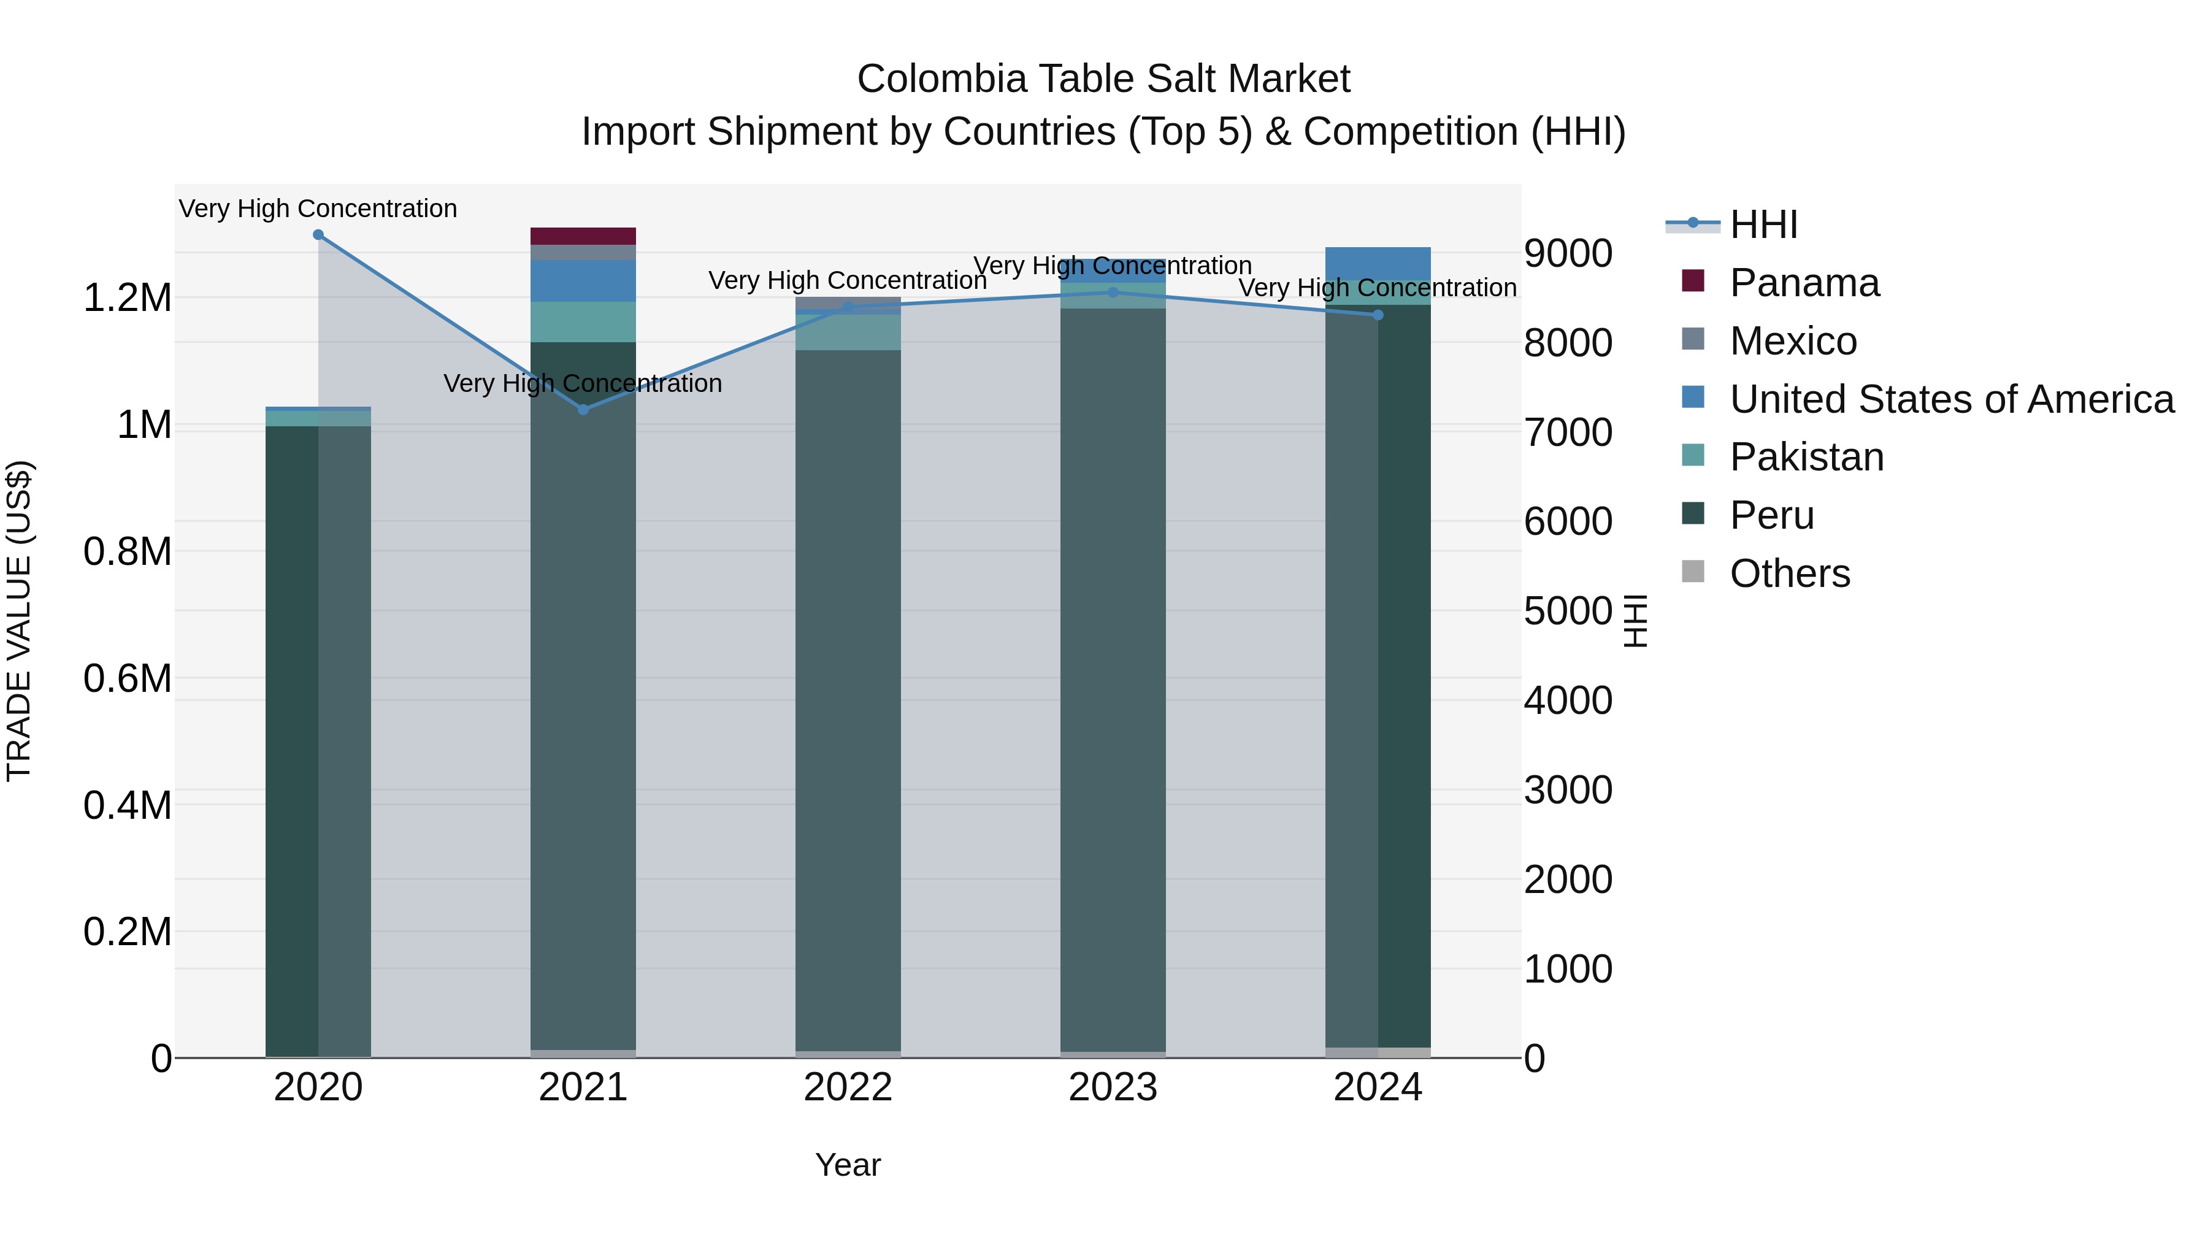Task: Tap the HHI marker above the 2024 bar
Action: [x=1378, y=315]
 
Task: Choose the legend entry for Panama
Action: [x=1803, y=283]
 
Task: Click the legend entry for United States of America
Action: [x=1951, y=399]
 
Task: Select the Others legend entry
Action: [x=1789, y=573]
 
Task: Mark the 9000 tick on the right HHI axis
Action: [x=1568, y=254]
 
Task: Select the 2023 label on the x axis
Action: [x=1113, y=1087]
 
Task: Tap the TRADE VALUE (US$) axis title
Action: [x=19, y=621]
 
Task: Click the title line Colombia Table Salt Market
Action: [x=1103, y=79]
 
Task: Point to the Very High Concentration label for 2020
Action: [x=318, y=209]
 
